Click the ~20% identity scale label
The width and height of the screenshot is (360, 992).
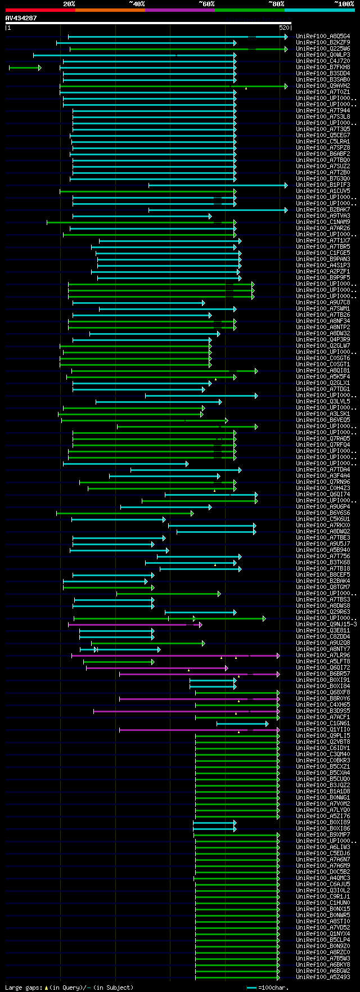click(69, 3)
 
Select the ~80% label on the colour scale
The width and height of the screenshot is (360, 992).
click(276, 3)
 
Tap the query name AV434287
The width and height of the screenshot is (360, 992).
click(21, 18)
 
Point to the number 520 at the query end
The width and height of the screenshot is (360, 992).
click(284, 27)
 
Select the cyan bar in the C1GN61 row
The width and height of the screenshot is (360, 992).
click(242, 724)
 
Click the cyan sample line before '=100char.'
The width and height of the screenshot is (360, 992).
click(251, 987)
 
